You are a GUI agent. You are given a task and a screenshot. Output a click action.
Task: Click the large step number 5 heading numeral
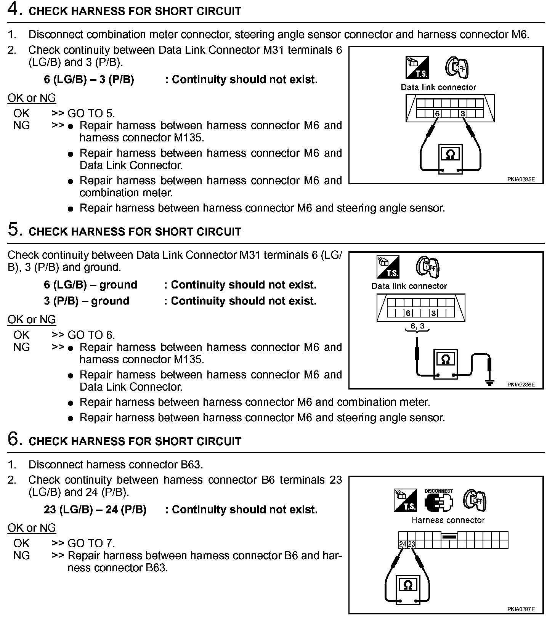click(x=14, y=230)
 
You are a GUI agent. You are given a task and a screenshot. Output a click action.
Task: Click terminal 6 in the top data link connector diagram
click(x=437, y=114)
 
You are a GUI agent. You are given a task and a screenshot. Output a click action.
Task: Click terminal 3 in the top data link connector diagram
click(x=463, y=114)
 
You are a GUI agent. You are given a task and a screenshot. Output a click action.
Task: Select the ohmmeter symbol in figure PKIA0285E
click(x=450, y=154)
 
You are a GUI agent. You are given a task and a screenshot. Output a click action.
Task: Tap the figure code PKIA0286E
click(x=521, y=385)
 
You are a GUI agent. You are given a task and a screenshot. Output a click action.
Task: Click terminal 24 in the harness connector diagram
click(x=403, y=544)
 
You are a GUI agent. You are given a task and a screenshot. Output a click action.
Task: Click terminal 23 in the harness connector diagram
click(x=412, y=544)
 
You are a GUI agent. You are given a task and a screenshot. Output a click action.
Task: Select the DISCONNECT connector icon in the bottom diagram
click(x=439, y=500)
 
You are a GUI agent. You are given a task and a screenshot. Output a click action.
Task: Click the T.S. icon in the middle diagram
click(x=388, y=267)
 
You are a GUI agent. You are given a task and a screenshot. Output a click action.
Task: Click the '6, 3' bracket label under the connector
click(x=417, y=327)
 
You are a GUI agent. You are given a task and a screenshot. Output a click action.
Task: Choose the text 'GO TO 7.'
click(x=91, y=543)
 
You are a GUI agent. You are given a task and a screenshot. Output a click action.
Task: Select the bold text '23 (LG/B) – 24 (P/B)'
click(x=95, y=510)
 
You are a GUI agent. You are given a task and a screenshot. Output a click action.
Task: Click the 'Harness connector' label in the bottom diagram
click(x=448, y=520)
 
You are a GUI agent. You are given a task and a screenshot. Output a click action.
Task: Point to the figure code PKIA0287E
click(x=521, y=609)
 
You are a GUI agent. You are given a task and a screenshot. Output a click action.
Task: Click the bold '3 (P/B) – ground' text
click(x=87, y=301)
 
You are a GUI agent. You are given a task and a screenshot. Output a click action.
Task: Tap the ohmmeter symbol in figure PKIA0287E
click(x=407, y=585)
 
